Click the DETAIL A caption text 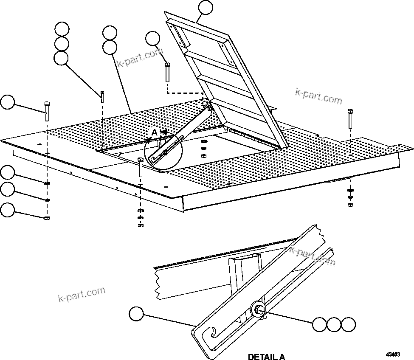tap(266, 356)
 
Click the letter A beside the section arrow tap(154, 132)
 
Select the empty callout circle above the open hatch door tap(205, 8)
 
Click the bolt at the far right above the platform tap(350, 119)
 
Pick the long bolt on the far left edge tap(47, 111)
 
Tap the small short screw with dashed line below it tap(102, 96)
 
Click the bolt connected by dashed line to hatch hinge tap(167, 72)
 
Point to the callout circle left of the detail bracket tap(136, 314)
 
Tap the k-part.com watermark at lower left tap(81, 293)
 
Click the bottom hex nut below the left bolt tap(47, 218)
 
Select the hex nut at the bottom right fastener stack tap(350, 205)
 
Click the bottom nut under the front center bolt tap(141, 225)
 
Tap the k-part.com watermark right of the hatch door tap(318, 96)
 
